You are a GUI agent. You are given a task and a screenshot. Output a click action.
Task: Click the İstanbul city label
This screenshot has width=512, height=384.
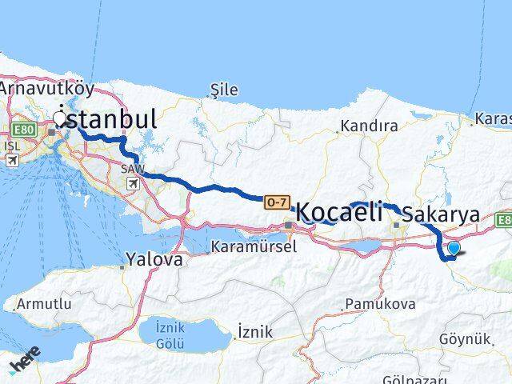click(109, 118)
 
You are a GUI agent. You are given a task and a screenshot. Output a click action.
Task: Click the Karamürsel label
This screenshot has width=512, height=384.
click(254, 246)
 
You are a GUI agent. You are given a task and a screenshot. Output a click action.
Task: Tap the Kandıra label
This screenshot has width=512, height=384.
click(369, 126)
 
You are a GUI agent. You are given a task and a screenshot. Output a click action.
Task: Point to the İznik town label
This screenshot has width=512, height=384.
click(255, 332)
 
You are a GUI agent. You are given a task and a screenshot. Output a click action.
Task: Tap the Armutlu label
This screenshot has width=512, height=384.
click(38, 305)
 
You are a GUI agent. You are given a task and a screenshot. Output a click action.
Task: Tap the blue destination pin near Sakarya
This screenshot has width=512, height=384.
click(454, 249)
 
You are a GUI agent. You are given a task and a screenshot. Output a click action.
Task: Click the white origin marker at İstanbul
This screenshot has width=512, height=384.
click(59, 118)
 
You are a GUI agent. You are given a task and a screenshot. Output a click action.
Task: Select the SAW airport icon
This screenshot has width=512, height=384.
click(133, 184)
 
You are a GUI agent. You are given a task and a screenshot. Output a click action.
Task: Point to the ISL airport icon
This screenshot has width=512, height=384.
click(12, 160)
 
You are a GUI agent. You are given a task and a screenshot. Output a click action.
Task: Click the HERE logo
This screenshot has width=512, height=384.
click(26, 365)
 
